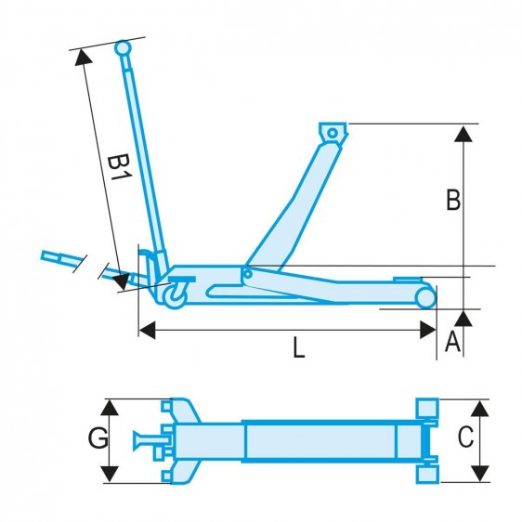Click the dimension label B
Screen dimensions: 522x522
(453, 201)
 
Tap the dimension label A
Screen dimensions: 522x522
(452, 343)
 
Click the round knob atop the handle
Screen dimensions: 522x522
(123, 47)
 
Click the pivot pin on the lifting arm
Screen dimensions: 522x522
(247, 273)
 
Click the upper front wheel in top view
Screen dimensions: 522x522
(427, 409)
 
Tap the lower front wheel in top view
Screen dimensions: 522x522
(427, 474)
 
